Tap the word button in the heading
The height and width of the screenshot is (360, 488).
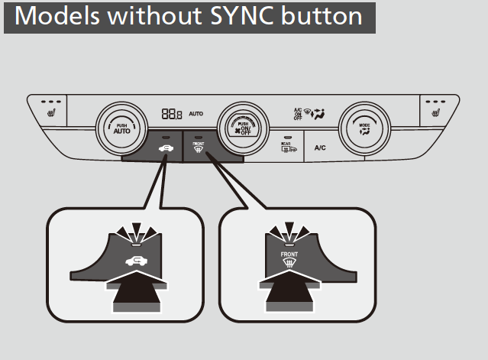point(329,17)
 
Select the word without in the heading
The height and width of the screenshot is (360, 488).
point(148,17)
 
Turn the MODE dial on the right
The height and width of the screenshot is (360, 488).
point(365,125)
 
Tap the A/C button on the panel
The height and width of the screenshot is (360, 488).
point(321,148)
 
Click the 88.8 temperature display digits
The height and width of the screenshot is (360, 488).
point(171,114)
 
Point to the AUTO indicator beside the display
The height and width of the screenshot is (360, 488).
point(196,114)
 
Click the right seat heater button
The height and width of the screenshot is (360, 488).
point(436,110)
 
